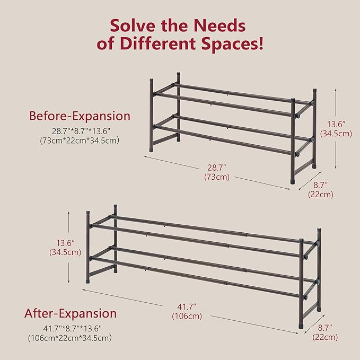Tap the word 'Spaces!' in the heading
(x=232, y=43)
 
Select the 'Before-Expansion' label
(x=80, y=116)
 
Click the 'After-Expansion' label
(x=71, y=313)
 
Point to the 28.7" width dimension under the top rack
(x=217, y=168)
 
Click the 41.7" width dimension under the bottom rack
(x=187, y=306)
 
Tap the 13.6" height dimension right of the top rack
(x=336, y=124)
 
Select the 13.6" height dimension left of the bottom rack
(x=65, y=243)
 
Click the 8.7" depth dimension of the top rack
(x=321, y=185)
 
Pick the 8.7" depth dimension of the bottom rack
(x=325, y=328)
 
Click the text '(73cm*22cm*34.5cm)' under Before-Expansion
(x=80, y=141)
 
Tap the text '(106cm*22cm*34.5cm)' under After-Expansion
(x=70, y=338)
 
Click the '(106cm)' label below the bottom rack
(x=187, y=316)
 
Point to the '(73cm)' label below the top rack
(x=217, y=177)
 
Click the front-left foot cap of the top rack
(x=152, y=150)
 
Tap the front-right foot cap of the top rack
(x=293, y=181)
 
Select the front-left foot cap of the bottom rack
(x=88, y=280)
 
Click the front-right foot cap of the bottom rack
(x=301, y=326)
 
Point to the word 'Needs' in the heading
(x=219, y=25)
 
